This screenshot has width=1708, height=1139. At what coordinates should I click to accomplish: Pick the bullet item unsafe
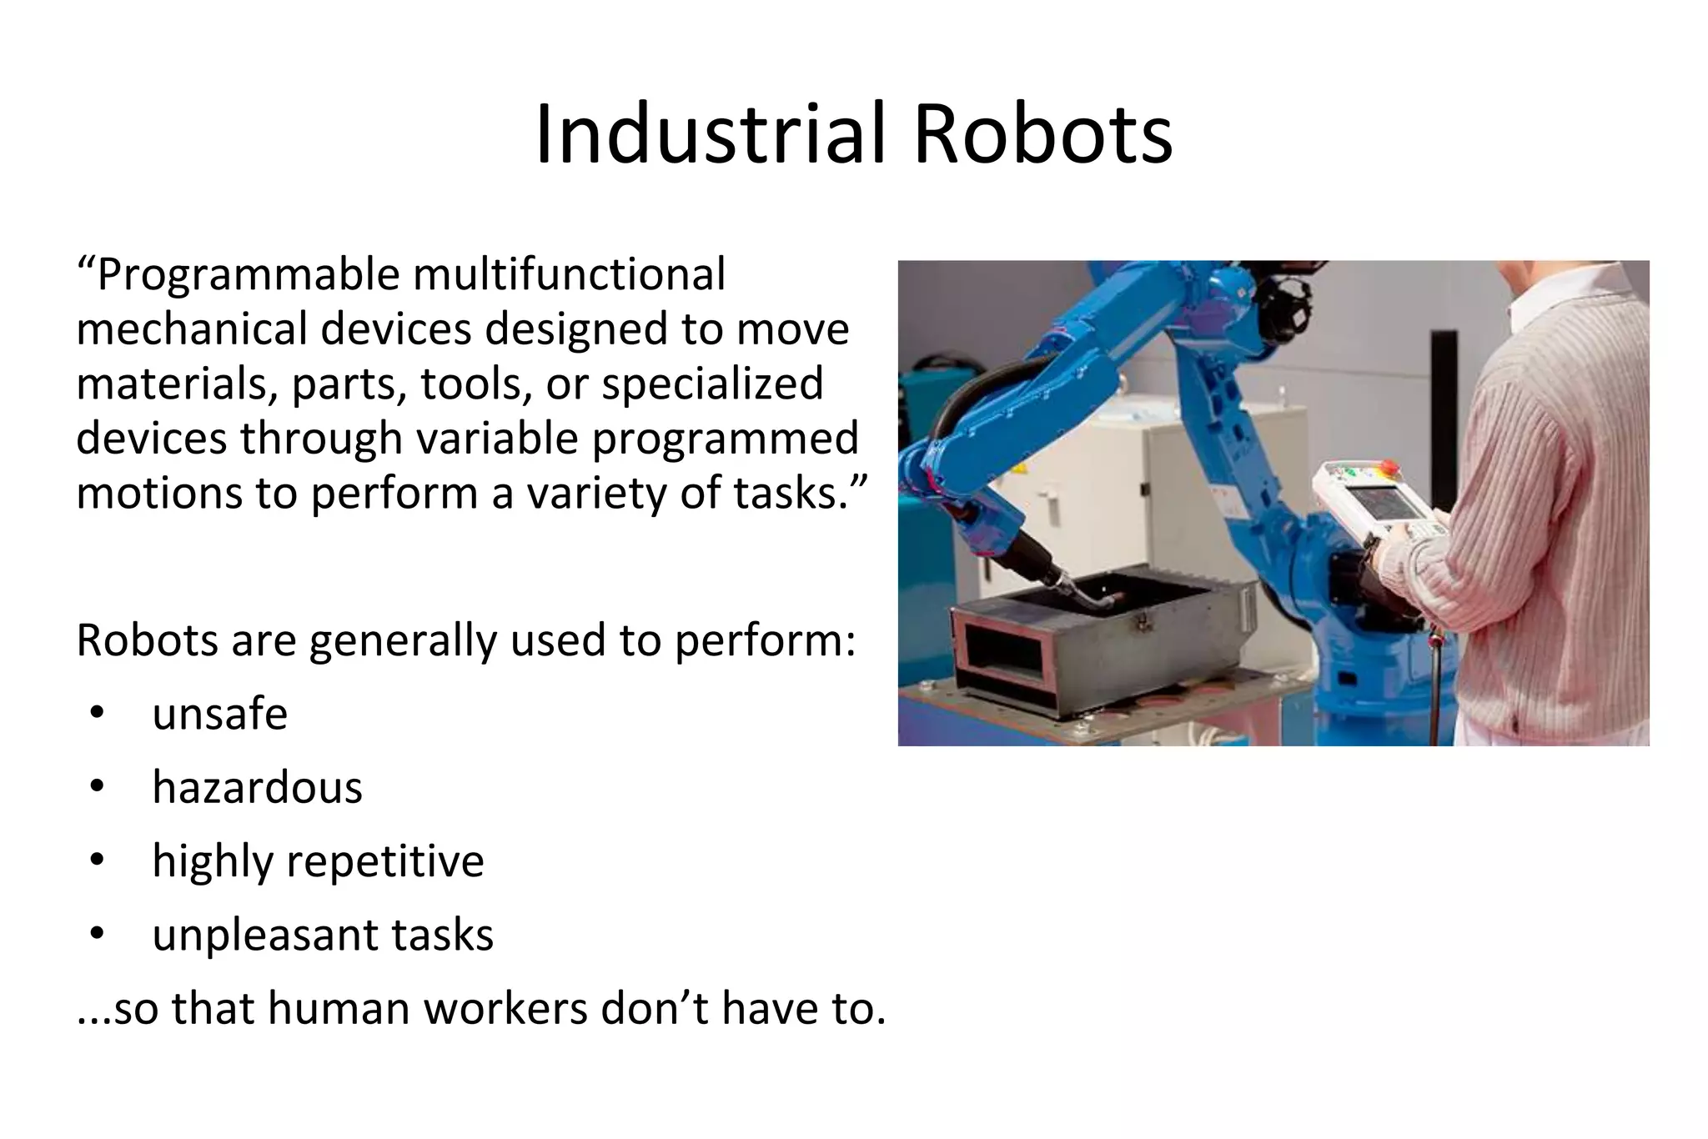point(220,715)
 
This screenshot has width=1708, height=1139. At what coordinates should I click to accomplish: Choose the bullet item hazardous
point(257,788)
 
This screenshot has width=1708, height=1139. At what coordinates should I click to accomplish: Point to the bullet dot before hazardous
point(97,787)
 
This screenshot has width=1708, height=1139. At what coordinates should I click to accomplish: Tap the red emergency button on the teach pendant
point(1389,464)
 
